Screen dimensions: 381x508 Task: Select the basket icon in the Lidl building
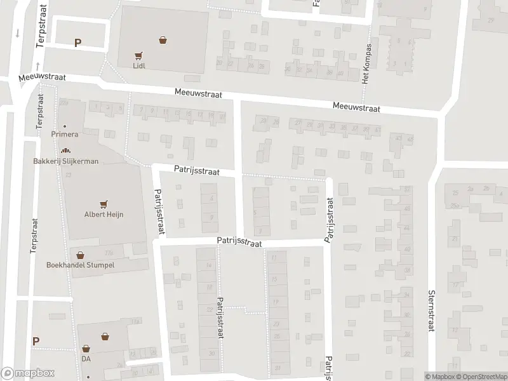click(x=164, y=40)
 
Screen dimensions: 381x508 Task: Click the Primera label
click(x=65, y=135)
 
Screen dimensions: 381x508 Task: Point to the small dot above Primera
click(x=65, y=126)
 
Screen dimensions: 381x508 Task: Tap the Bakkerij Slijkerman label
click(x=65, y=161)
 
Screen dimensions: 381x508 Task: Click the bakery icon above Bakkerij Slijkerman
click(x=65, y=151)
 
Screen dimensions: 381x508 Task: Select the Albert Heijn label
click(x=104, y=215)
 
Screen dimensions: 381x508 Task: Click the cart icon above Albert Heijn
click(x=104, y=204)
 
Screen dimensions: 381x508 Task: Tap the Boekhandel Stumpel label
click(x=80, y=265)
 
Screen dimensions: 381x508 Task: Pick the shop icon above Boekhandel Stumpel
click(x=80, y=255)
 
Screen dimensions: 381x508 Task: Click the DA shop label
click(x=86, y=359)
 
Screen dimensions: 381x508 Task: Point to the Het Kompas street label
click(x=366, y=63)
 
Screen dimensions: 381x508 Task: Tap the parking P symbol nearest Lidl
click(x=77, y=43)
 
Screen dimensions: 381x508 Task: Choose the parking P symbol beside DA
click(x=36, y=341)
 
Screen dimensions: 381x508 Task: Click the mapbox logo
click(x=27, y=373)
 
